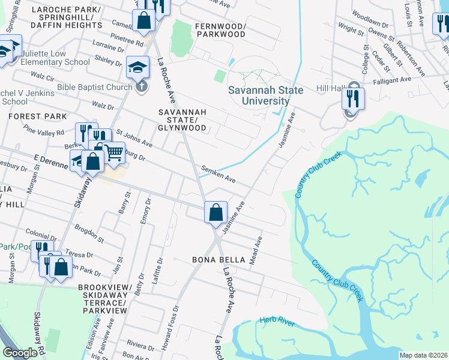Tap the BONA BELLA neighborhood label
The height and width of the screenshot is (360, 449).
click(219, 260)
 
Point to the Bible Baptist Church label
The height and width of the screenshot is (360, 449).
click(94, 87)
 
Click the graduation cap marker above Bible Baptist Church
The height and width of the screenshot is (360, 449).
click(137, 67)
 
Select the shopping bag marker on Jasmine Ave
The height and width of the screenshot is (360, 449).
click(215, 212)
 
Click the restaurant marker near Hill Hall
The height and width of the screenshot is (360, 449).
click(353, 98)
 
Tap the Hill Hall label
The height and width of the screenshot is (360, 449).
click(329, 88)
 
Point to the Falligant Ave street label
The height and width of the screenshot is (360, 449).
click(393, 79)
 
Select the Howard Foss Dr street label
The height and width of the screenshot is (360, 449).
click(176, 322)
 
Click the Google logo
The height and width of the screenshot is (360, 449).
click(20, 353)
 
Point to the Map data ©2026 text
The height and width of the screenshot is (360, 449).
click(423, 355)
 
